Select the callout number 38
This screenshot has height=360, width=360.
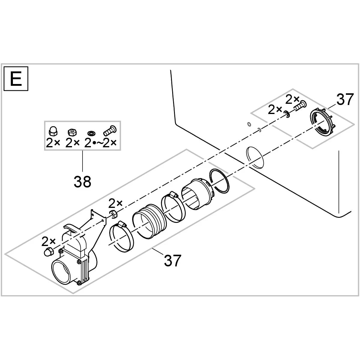82,181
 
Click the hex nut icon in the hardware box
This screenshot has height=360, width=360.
71,132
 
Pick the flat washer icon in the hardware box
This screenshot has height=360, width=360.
90,133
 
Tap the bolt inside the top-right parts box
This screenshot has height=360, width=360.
299,106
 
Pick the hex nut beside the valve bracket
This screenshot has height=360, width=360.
113,214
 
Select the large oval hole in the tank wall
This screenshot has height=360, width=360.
255,158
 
